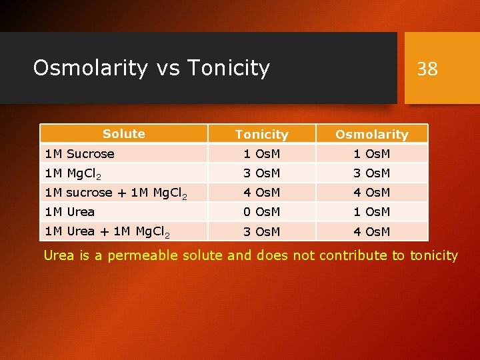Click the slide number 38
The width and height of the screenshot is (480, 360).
[427, 68]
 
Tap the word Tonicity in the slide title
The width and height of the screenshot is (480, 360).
[229, 67]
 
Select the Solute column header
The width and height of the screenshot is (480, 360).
[124, 134]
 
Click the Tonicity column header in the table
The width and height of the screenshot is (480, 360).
[261, 135]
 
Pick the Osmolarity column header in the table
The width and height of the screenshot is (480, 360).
[371, 135]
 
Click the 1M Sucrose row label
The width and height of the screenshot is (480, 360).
[79, 154]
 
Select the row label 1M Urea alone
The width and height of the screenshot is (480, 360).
[69, 212]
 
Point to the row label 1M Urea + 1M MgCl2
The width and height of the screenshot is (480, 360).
[107, 232]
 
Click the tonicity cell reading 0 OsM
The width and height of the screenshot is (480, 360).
[261, 212]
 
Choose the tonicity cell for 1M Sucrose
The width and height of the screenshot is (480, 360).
[261, 154]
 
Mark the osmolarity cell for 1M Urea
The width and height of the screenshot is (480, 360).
[371, 212]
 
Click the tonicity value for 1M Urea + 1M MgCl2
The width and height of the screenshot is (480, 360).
[261, 232]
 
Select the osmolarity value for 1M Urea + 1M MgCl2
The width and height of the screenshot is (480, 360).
[371, 232]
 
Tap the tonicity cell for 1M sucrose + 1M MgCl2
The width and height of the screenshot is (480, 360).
[261, 193]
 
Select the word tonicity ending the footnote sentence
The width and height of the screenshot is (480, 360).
[433, 255]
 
